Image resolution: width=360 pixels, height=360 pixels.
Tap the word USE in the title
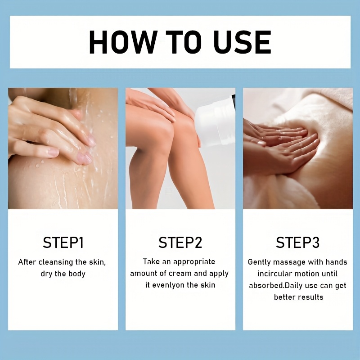[x=243, y=42]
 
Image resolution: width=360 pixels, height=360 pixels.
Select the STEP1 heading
[x=63, y=243]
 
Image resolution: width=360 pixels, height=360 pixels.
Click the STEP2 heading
[x=180, y=243]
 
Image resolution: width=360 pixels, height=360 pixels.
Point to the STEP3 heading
[x=297, y=243]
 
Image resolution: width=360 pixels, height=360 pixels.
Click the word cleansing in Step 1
[x=56, y=262]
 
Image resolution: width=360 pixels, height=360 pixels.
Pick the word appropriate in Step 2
[x=194, y=262]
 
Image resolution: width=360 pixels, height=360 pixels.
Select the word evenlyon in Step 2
[x=168, y=285]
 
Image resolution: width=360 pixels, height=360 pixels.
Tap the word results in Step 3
[x=311, y=297]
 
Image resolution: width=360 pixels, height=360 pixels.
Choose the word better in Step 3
[x=285, y=297]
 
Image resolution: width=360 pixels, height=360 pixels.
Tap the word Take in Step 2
[x=151, y=262]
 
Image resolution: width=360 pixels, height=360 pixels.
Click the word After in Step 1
[x=27, y=262]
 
